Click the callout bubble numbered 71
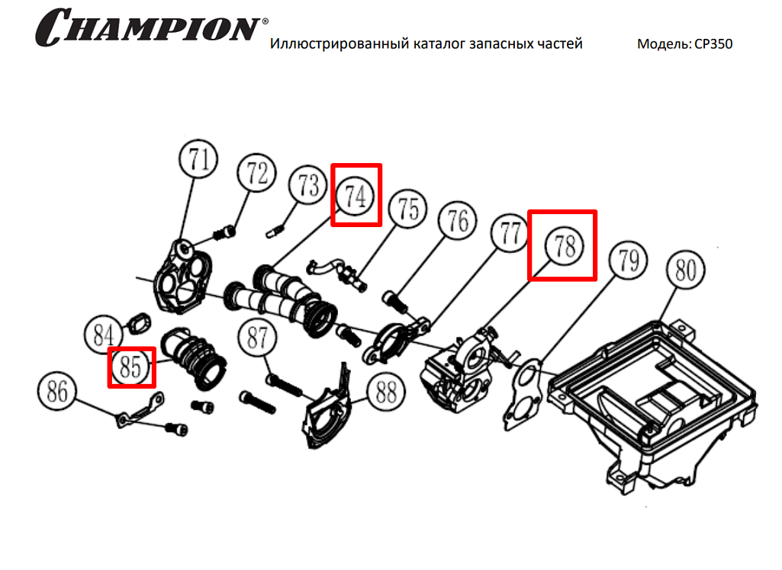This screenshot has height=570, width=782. click(198, 159)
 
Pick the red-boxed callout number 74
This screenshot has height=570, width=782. click(356, 196)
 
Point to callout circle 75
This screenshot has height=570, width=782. click(408, 208)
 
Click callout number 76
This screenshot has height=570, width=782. click(458, 220)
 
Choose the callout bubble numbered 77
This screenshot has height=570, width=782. click(510, 232)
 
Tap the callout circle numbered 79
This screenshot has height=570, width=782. click(628, 260)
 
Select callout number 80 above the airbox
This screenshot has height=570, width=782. click(686, 270)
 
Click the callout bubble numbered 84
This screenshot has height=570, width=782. click(103, 335)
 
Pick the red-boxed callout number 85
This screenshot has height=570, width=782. click(130, 367)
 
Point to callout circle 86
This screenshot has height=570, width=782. click(57, 391)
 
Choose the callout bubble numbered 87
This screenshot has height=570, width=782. click(257, 338)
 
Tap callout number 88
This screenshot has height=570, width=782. click(386, 392)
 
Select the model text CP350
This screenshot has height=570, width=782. click(713, 44)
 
